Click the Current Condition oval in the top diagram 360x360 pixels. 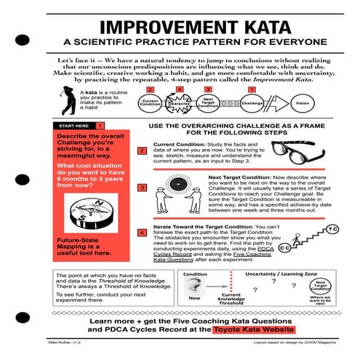[x=150, y=103]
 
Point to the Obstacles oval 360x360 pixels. [x=179, y=103]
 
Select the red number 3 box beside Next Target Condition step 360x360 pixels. [x=143, y=188]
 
